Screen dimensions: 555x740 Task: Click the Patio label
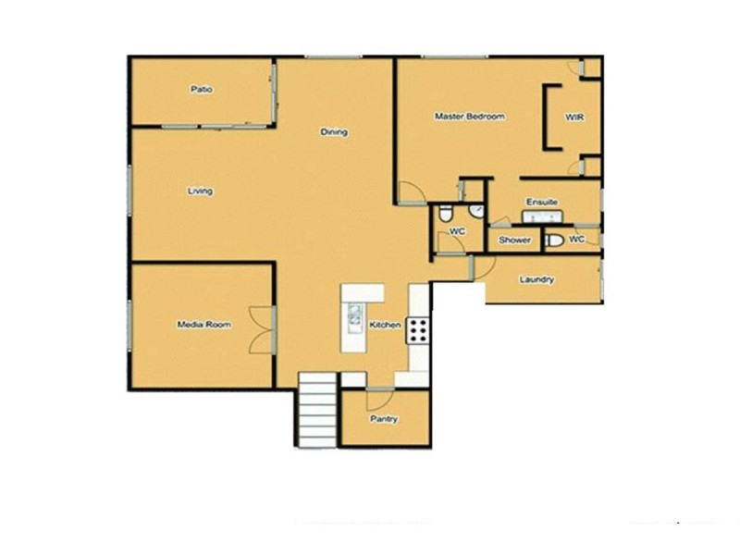pos(202,90)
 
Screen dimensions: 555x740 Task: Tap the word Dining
pos(334,132)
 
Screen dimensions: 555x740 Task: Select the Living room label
pos(200,191)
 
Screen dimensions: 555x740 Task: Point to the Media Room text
pos(204,325)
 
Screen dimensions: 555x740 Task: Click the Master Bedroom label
pos(470,117)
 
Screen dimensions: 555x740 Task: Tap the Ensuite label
pos(541,202)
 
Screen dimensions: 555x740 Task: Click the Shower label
pos(515,240)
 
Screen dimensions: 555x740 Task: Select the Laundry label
pos(536,279)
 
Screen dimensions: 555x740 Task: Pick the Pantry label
pos(384,419)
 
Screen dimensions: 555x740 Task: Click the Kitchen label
pos(385,326)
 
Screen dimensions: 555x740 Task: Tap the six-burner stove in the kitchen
pos(417,330)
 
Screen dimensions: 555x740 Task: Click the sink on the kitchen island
pos(353,318)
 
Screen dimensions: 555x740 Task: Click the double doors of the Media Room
pos(262,328)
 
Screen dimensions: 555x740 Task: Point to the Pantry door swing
pos(378,400)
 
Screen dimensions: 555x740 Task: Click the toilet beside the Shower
pos(553,240)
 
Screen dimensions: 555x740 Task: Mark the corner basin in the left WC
pos(475,212)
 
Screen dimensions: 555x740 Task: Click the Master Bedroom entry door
pos(410,193)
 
